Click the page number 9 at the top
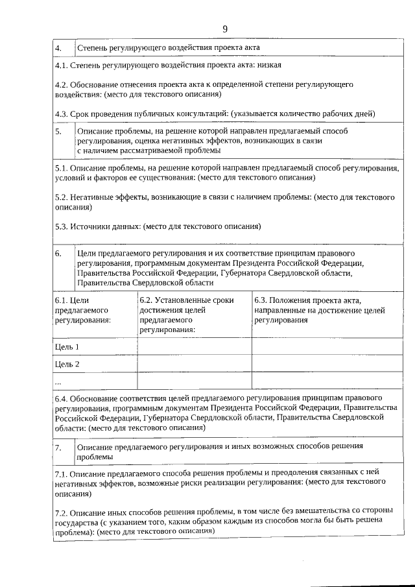pos(224,29)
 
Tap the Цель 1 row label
pos(67,347)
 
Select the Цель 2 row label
pos(67,364)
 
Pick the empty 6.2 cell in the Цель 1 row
pos(194,347)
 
